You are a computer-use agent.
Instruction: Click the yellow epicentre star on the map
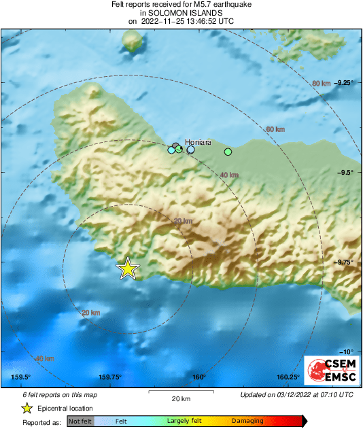click(x=127, y=269)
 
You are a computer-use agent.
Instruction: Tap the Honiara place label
click(x=198, y=142)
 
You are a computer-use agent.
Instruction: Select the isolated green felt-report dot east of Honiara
click(x=228, y=151)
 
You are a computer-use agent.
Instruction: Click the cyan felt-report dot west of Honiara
click(x=171, y=150)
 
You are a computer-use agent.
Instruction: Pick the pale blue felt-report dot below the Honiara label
click(x=191, y=150)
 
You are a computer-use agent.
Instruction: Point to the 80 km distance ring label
click(x=321, y=83)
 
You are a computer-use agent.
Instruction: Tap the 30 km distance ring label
click(x=183, y=222)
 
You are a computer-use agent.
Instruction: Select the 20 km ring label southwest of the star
click(x=90, y=313)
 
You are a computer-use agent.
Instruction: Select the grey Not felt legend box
click(x=80, y=422)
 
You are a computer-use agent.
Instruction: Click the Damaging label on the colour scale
click(x=247, y=422)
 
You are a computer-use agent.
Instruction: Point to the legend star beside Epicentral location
click(x=27, y=408)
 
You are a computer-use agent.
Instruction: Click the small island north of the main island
click(x=133, y=42)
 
